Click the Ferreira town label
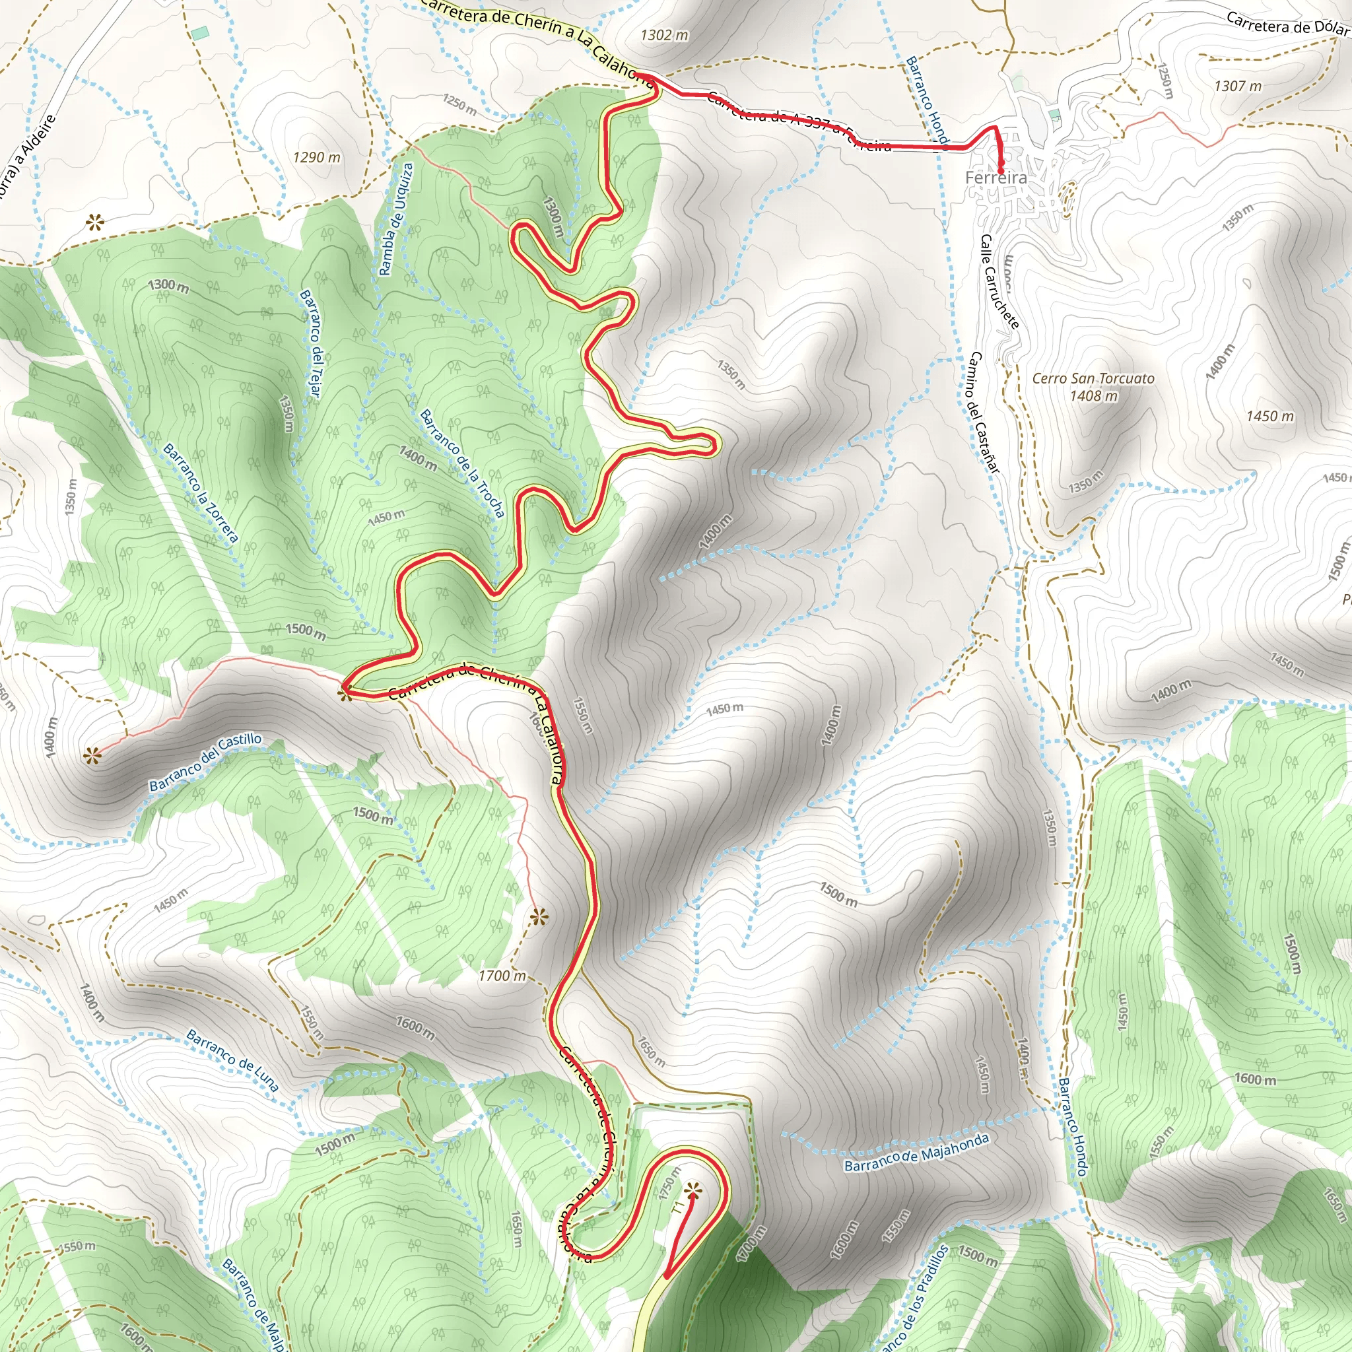996,178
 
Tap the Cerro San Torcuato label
1093,378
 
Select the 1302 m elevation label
664,35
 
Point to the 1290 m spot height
316,158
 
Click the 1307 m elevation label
1237,86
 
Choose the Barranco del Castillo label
206,762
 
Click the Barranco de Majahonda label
917,1153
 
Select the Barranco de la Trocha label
462,463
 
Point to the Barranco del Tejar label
310,343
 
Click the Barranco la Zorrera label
201,492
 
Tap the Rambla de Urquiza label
396,219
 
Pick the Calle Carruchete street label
999,281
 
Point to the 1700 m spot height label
502,976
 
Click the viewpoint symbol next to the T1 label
693,1188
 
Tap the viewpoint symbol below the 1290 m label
94,224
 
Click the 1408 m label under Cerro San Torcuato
1093,396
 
